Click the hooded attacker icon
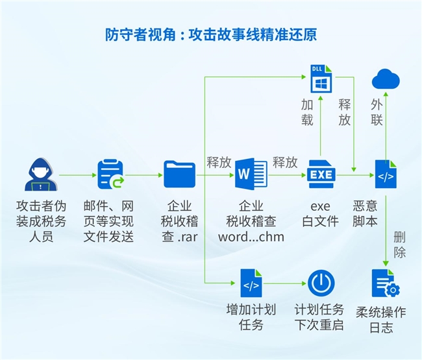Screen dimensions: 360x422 40,174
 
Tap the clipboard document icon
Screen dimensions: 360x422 110,174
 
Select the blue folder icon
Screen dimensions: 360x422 179,174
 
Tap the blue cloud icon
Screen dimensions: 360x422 386,79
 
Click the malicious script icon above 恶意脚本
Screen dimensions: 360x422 386,174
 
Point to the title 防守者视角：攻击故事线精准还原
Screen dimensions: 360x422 210,34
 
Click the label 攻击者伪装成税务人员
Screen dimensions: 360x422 40,221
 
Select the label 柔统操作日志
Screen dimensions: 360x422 382,319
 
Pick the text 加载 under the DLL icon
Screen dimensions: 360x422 307,112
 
